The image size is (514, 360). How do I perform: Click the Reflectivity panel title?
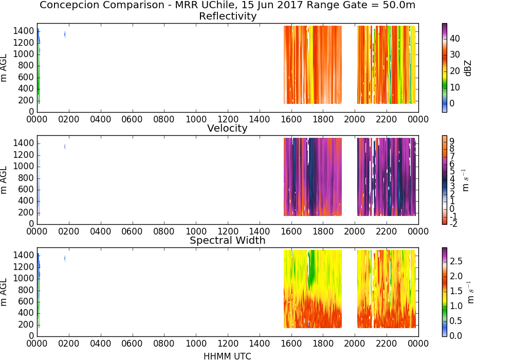pos(228,16)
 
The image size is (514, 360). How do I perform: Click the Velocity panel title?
pos(227,128)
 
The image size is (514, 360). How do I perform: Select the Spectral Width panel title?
pos(228,240)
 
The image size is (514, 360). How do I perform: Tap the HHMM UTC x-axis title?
pos(227,356)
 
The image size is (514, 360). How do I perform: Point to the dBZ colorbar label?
pos(468,68)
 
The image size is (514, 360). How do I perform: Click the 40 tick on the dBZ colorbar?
pos(455,39)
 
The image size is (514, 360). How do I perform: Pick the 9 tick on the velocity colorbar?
pos(452,141)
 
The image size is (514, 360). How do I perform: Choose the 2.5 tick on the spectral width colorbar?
pos(456,261)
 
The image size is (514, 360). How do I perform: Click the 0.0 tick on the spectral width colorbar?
pos(456,336)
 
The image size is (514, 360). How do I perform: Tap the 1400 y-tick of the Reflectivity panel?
pos(24,31)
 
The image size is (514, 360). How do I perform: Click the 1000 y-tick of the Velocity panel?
pos(24,167)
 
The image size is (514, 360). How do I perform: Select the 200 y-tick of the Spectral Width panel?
pos(26,325)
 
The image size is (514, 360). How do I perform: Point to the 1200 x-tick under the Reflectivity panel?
pos(228,119)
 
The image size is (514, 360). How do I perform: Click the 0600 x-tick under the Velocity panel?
pos(132,231)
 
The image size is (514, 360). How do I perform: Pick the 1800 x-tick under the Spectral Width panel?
pos(323,344)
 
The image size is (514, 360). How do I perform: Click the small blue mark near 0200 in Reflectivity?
pos(65,34)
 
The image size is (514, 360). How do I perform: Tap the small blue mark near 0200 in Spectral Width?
pos(65,258)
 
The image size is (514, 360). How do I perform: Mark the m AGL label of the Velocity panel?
pos(4,180)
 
